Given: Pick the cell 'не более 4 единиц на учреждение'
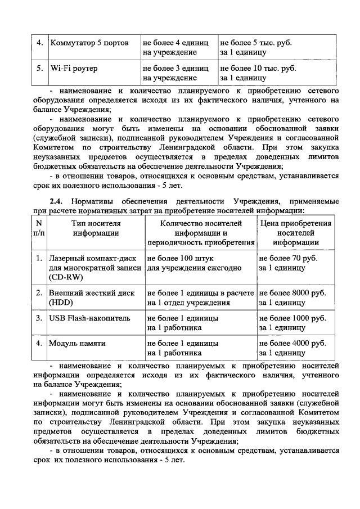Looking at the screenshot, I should click(177, 48).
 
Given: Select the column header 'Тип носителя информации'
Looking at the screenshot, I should click(95, 233).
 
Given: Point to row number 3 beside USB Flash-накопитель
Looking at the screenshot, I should click(39, 318).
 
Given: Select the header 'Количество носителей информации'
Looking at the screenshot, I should click(200, 233).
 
